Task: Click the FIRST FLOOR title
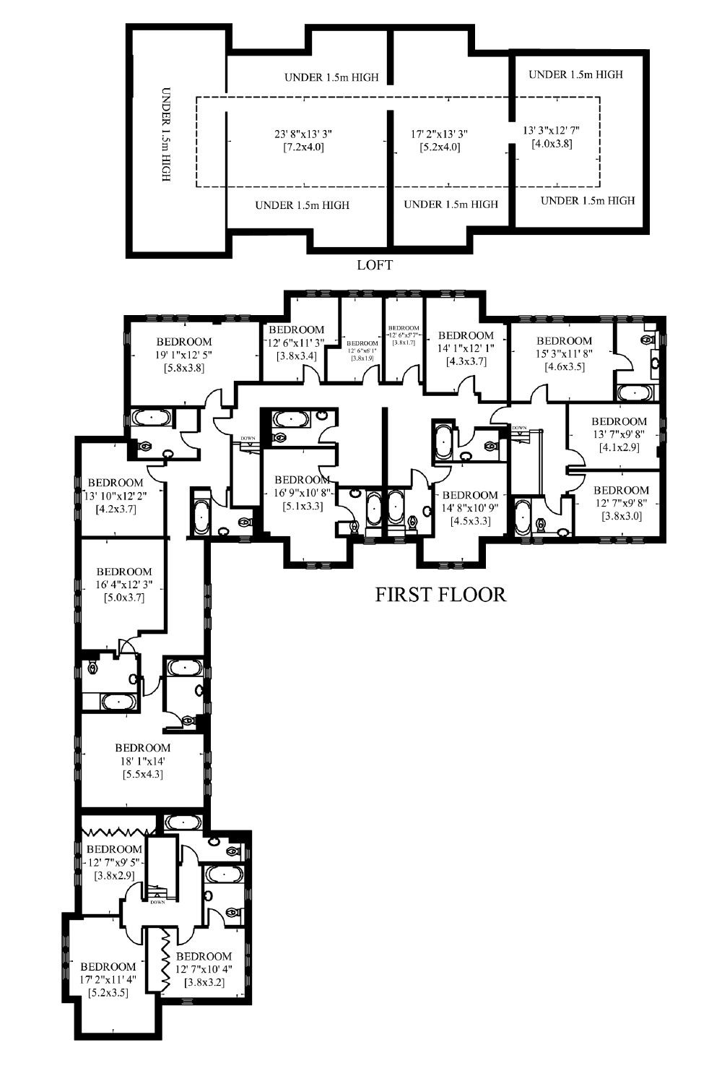[440, 595]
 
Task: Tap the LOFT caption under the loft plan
[375, 265]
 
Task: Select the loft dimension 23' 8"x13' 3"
[303, 134]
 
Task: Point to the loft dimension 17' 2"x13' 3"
[440, 134]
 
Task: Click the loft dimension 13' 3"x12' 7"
[552, 130]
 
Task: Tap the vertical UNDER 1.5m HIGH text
[166, 134]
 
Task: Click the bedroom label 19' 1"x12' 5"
[184, 355]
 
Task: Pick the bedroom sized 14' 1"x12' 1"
[466, 348]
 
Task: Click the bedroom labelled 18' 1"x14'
[143, 761]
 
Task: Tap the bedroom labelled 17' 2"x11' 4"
[108, 980]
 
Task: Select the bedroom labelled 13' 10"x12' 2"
[116, 496]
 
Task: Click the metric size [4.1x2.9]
[619, 448]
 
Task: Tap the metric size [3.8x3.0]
[621, 516]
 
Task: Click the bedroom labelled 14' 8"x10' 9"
[470, 508]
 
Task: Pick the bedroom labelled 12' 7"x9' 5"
[114, 862]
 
